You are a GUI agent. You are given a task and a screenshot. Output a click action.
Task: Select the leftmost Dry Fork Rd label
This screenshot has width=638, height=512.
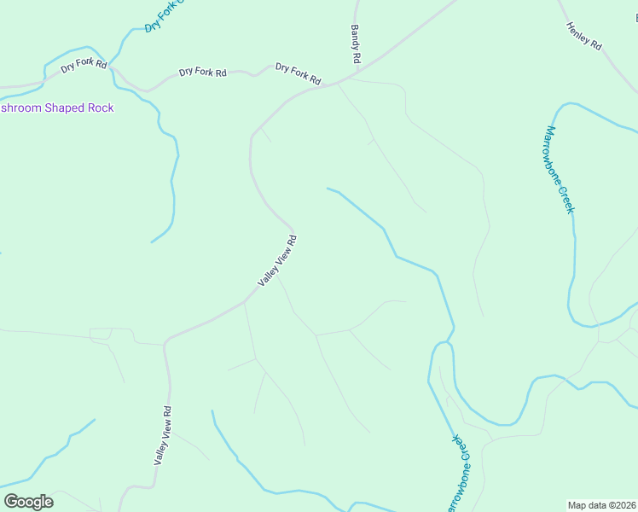(x=84, y=64)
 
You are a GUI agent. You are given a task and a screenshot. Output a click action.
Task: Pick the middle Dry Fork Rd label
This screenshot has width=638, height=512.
(x=202, y=73)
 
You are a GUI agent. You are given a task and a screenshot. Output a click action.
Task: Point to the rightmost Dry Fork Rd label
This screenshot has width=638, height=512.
(x=298, y=73)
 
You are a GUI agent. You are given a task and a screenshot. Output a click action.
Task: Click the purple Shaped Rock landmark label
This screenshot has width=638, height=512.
(x=56, y=108)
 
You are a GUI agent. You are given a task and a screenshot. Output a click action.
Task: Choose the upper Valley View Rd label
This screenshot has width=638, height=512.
(x=278, y=261)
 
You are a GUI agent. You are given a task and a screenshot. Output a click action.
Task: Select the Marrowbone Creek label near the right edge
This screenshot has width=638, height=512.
(x=559, y=170)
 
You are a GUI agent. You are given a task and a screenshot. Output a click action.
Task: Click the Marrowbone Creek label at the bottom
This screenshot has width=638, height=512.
(x=456, y=474)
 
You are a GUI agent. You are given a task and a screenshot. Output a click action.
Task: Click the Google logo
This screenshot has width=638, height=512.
(x=28, y=502)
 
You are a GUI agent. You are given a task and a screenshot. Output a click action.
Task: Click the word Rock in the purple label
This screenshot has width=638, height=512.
(x=98, y=108)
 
